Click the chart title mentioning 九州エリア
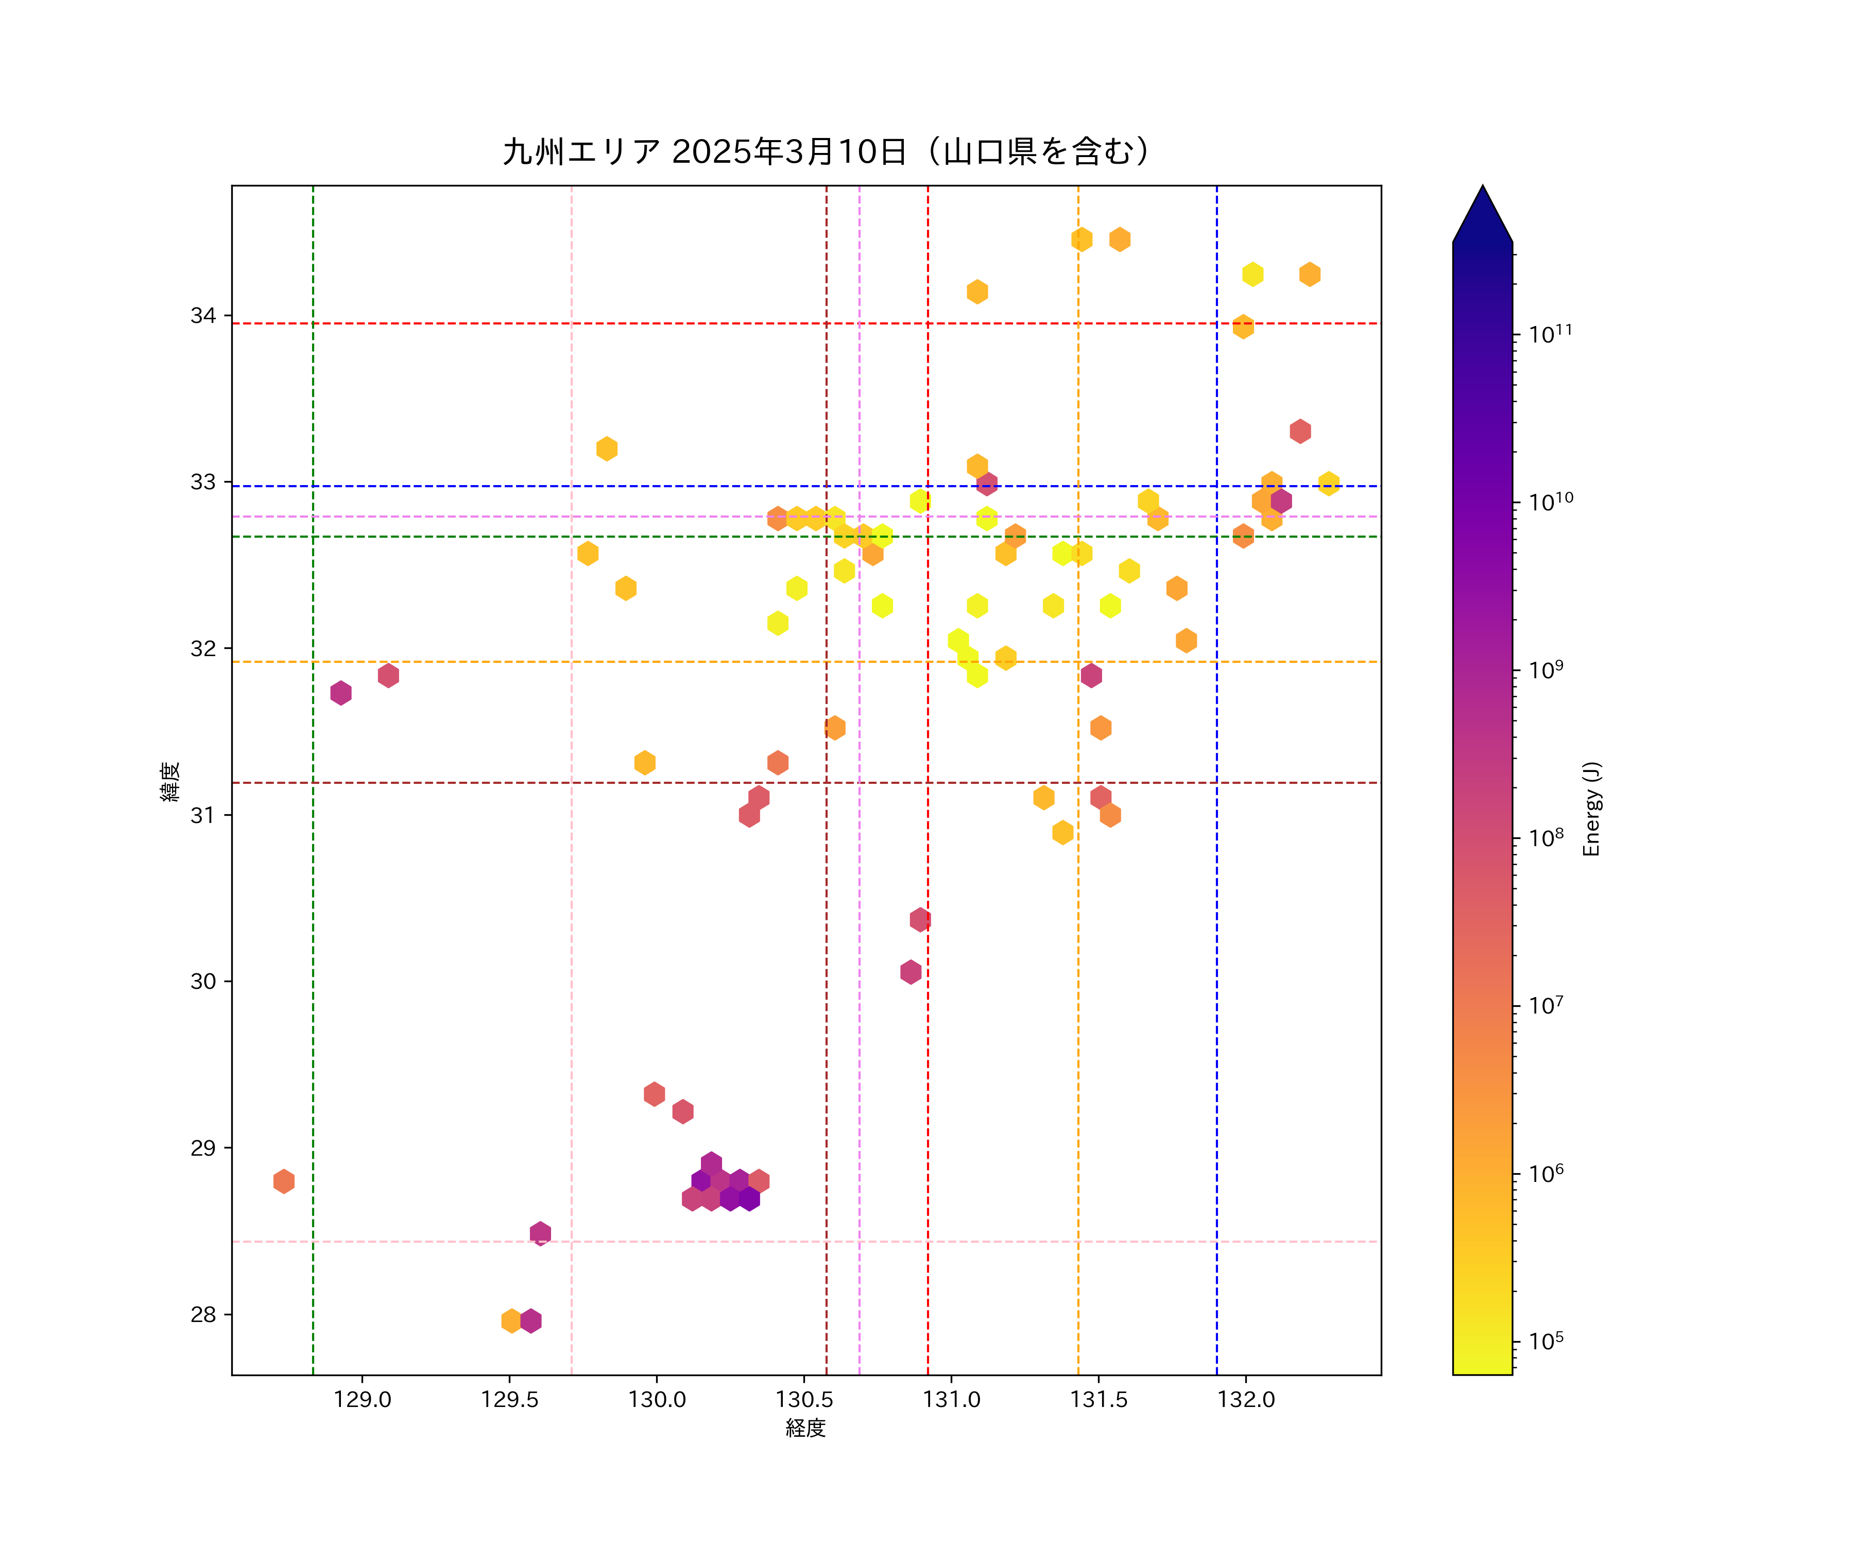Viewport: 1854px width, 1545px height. pyautogui.click(x=827, y=152)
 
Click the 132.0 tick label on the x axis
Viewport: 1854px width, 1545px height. pyautogui.click(x=1246, y=1399)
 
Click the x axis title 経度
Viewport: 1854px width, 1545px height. pyautogui.click(x=805, y=1428)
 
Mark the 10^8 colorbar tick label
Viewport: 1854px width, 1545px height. pyautogui.click(x=1546, y=838)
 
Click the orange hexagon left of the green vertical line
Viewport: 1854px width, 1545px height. pyautogui.click(x=283, y=1181)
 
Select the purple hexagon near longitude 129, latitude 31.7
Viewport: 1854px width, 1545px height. pyautogui.click(x=341, y=693)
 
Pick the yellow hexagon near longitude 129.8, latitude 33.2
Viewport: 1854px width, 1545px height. pyautogui.click(x=607, y=449)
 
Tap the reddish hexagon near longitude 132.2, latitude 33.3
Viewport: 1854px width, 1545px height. pyautogui.click(x=1299, y=432)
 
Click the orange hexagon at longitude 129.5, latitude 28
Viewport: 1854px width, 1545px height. pyautogui.click(x=511, y=1321)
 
